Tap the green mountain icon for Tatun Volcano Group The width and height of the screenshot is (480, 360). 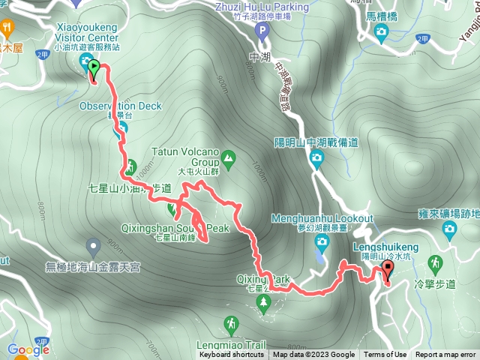[228, 158]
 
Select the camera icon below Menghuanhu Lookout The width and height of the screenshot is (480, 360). [322, 241]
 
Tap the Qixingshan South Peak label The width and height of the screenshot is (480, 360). [174, 227]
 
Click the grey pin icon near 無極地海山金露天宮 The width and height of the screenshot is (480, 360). [93, 245]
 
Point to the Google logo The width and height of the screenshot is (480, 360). [28, 349]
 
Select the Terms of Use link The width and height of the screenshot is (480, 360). [385, 355]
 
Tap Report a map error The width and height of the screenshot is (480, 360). [445, 355]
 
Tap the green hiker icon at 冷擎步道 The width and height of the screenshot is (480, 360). [434, 262]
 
